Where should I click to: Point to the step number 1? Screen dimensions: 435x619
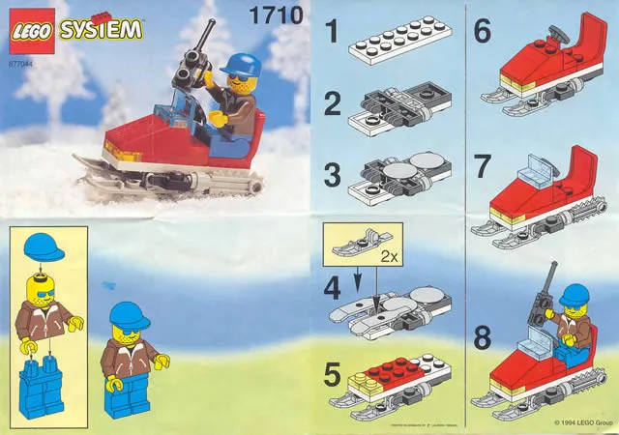click(331, 37)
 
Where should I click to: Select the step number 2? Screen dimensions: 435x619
click(332, 104)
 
